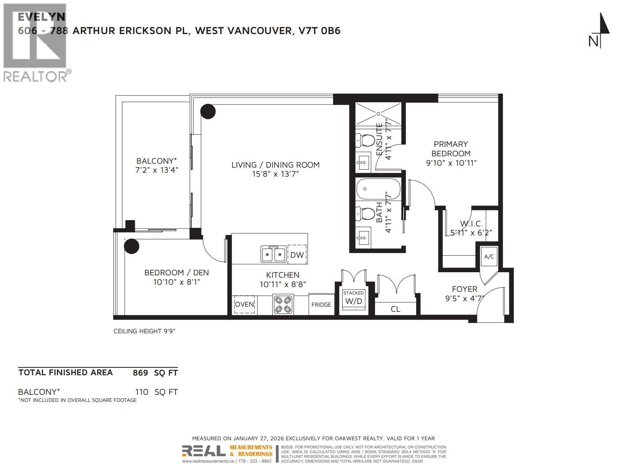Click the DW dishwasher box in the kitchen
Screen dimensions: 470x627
tap(297, 255)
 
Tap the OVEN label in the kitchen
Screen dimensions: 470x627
tap(245, 304)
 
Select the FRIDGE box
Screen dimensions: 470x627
tap(321, 304)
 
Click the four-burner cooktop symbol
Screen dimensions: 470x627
tap(283, 304)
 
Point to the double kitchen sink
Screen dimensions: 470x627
tap(274, 255)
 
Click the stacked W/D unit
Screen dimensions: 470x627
tap(353, 298)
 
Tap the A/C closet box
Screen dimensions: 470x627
tap(489, 257)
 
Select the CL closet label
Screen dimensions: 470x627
tap(395, 309)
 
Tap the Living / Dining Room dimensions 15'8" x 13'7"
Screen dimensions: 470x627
tap(275, 174)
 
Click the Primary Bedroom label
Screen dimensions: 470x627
tap(451, 149)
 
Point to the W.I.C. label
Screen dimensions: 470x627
tap(471, 224)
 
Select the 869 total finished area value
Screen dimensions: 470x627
tap(140, 373)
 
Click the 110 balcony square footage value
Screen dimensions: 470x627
tap(141, 392)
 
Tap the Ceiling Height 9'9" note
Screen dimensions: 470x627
tap(144, 331)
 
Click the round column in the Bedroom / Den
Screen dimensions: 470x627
tap(132, 246)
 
